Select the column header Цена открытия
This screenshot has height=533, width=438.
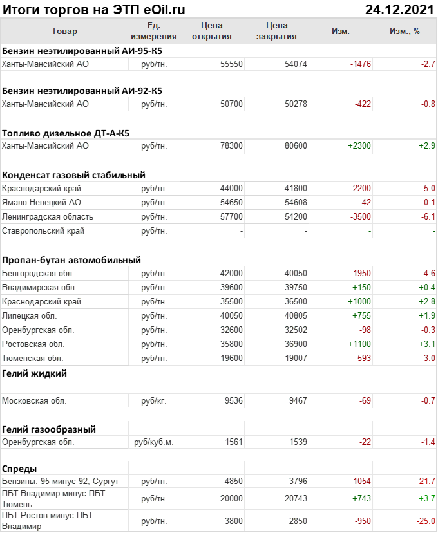(211, 31)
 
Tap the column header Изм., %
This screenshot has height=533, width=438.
(405, 31)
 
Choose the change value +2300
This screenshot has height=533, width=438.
(359, 146)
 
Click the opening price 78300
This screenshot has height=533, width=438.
(231, 146)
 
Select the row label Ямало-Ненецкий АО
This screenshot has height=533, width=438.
(42, 202)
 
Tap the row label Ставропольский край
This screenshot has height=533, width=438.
(43, 230)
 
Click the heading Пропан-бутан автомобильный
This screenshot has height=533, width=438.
(71, 260)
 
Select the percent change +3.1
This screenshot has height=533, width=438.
(426, 344)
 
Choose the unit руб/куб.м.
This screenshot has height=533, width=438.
(154, 442)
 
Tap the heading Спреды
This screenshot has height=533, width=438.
(19, 469)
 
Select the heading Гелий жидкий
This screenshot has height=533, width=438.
(35, 373)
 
